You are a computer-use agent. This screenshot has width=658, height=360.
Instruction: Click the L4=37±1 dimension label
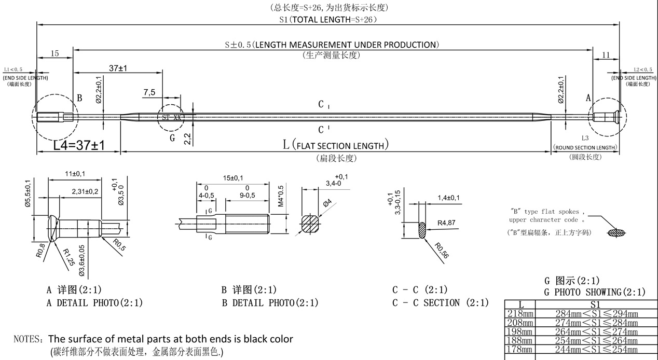[x=79, y=145]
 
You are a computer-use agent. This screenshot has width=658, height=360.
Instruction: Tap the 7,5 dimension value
[x=149, y=92]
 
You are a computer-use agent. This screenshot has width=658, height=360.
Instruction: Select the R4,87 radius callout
[x=446, y=223]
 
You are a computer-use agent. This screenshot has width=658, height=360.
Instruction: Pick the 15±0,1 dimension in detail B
[x=233, y=178]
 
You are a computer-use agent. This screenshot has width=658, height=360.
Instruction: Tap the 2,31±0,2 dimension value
[x=85, y=192]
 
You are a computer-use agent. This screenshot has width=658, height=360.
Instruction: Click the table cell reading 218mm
[x=519, y=314]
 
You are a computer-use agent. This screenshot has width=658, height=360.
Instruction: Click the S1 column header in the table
[x=595, y=304]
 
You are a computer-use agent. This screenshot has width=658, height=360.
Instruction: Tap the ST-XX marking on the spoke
[x=172, y=118]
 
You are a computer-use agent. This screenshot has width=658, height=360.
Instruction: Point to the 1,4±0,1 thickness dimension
[x=448, y=198]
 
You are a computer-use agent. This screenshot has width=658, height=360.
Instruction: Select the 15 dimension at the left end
[x=54, y=53]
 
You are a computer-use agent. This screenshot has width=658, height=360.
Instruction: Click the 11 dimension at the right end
[x=606, y=55]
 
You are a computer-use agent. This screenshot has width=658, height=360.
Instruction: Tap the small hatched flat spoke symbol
[x=617, y=233]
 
